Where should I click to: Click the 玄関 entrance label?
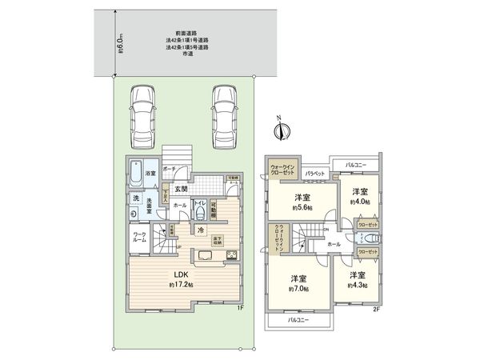(x=180, y=190)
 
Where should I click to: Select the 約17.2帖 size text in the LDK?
(x=181, y=284)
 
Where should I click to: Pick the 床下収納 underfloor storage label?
(x=218, y=238)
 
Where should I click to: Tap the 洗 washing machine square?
(x=136, y=198)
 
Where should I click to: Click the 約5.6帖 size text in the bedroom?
(x=302, y=207)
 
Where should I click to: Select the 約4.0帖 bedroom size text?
(x=362, y=201)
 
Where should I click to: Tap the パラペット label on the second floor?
(x=314, y=174)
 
